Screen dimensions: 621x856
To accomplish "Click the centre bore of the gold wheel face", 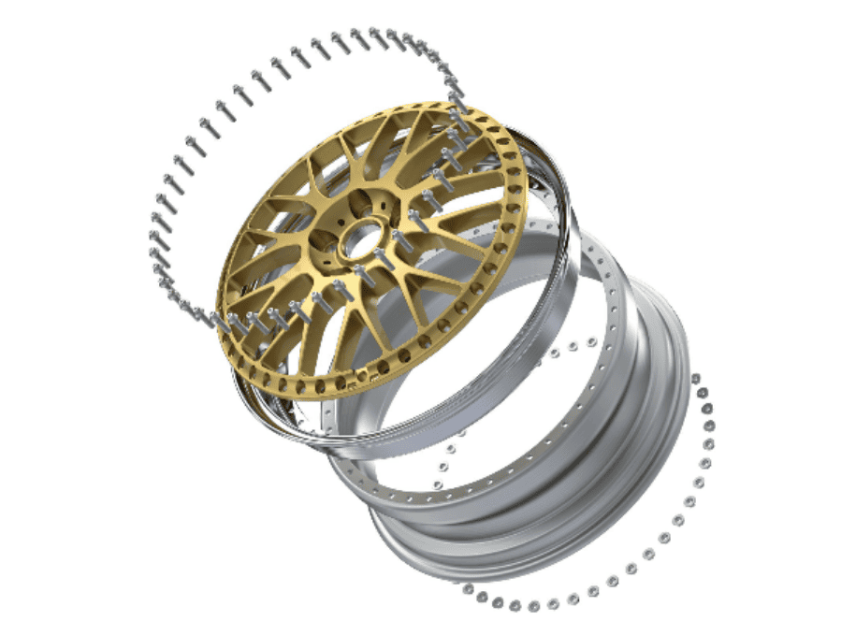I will [354, 240].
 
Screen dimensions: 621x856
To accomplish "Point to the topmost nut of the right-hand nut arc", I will [695, 380].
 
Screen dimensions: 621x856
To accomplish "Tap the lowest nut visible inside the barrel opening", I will [440, 483].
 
